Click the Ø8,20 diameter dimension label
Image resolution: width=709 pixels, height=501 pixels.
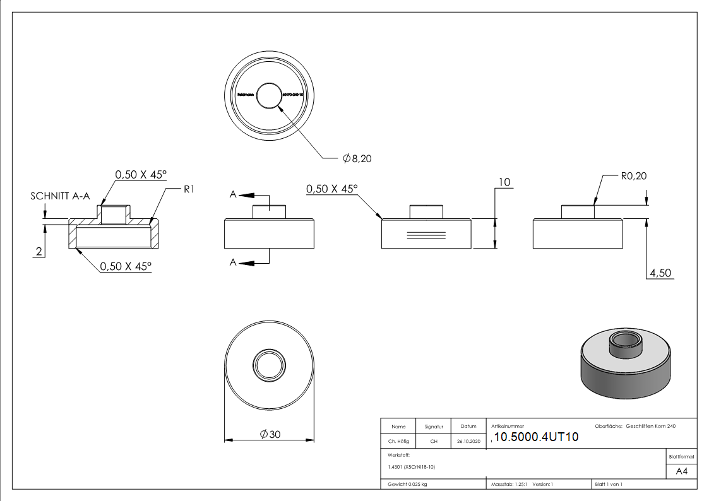click(x=357, y=159)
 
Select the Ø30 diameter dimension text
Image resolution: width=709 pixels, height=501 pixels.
click(x=270, y=434)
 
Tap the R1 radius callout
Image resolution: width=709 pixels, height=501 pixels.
click(x=188, y=189)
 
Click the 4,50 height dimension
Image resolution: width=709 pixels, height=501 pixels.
click(x=660, y=273)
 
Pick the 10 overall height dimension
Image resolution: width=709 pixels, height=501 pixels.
click(x=504, y=183)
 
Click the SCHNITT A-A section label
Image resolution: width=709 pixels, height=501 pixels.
click(x=60, y=196)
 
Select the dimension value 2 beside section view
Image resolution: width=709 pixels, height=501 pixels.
click(x=39, y=252)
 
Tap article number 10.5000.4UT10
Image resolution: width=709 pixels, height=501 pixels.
click(x=536, y=438)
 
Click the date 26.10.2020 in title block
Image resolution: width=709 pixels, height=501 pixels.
click(x=468, y=442)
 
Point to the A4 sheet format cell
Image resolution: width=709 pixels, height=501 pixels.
click(x=681, y=471)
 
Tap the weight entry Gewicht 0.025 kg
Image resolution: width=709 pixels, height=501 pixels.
click(x=407, y=484)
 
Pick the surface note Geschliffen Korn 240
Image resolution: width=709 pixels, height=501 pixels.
click(x=650, y=427)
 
